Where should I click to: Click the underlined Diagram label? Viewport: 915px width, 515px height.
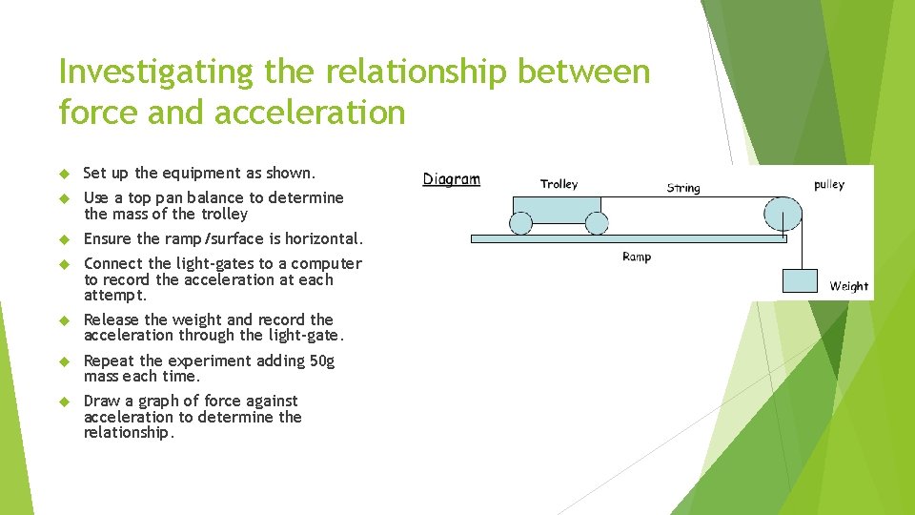click(x=452, y=179)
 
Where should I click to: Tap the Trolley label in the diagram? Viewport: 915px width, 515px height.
click(x=559, y=184)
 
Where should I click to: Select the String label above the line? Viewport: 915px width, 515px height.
click(x=683, y=188)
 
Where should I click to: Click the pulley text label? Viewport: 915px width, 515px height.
click(x=829, y=185)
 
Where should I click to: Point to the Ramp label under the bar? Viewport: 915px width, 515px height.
click(x=637, y=257)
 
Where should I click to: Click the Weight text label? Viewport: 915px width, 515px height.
click(x=848, y=286)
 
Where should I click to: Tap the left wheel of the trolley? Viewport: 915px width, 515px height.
click(x=520, y=223)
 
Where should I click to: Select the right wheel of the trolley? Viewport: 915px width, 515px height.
click(x=596, y=223)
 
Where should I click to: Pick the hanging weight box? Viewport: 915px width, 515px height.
click(x=801, y=281)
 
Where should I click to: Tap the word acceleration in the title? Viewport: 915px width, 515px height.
click(x=310, y=113)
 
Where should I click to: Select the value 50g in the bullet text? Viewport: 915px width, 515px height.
click(x=321, y=360)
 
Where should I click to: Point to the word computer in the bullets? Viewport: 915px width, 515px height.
click(x=326, y=263)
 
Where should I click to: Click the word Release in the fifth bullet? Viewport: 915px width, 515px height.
click(x=112, y=319)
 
